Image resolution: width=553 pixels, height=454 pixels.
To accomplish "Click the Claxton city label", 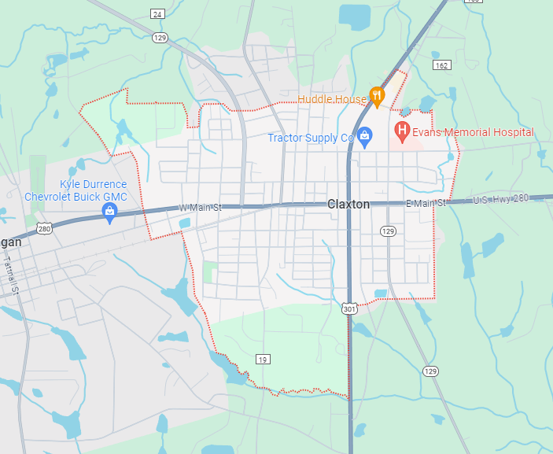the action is tap(348, 204).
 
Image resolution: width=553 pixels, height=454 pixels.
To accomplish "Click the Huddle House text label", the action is tap(332, 99).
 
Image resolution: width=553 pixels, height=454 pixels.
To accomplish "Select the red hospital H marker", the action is tap(402, 129).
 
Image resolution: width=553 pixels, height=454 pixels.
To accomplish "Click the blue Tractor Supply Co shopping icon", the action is tap(364, 137).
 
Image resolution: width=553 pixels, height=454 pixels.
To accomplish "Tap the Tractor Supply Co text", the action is tap(311, 138).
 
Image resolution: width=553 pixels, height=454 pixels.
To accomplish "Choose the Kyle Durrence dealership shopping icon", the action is tap(110, 211).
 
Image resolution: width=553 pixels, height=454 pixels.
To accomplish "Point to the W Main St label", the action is tap(201, 207).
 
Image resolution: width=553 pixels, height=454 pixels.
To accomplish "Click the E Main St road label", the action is tap(426, 203).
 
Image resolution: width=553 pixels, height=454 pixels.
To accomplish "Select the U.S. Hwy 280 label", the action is tap(502, 200).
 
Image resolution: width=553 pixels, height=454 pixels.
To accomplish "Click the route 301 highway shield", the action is tap(349, 309).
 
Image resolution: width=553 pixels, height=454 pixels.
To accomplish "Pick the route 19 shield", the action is tap(263, 359).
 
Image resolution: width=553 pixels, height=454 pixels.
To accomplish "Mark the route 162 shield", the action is tap(442, 65).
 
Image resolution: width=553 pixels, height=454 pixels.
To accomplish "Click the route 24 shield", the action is tap(157, 13).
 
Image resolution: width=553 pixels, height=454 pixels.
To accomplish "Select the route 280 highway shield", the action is tap(44, 229).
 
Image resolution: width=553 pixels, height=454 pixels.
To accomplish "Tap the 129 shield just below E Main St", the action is tap(388, 231).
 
